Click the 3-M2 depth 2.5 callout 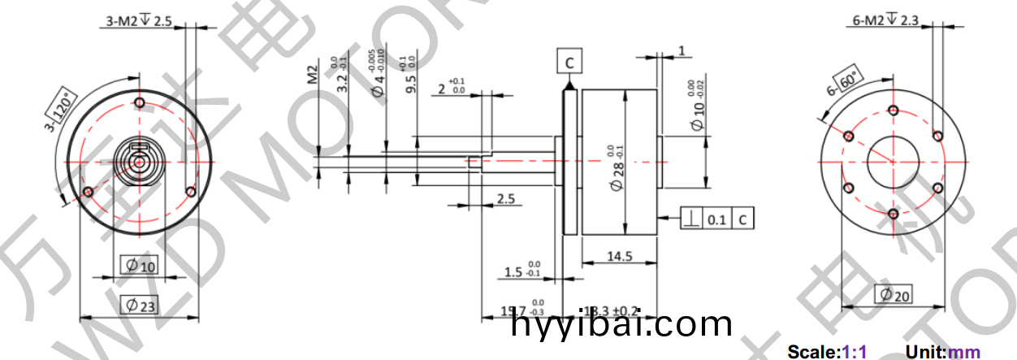point(139,22)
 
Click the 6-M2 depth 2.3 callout point(885,22)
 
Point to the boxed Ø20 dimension point(893,294)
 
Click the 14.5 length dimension point(619,256)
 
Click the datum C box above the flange point(569,62)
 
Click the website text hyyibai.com point(622,325)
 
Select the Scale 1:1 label point(827,352)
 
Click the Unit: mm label point(942,352)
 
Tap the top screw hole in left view point(140,103)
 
